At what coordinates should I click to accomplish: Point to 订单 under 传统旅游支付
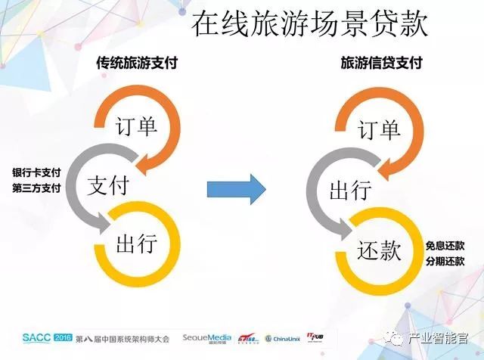click(x=135, y=126)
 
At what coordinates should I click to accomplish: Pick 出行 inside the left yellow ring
click(x=136, y=244)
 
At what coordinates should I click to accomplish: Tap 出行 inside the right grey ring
click(x=349, y=189)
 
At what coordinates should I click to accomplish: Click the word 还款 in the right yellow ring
click(x=379, y=250)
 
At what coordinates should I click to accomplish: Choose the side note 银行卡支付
click(x=35, y=171)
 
